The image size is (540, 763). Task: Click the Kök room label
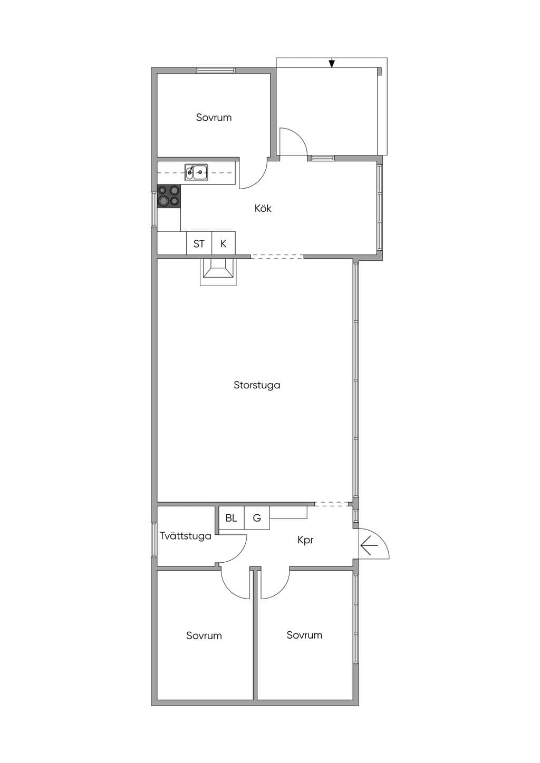(x=263, y=209)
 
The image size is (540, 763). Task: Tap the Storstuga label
(x=257, y=385)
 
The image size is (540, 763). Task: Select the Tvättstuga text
(x=186, y=536)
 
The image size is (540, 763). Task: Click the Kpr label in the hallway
(x=305, y=540)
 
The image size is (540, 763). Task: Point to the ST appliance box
(x=199, y=243)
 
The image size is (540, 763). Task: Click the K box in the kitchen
(x=224, y=243)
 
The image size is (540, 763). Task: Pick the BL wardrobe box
(x=231, y=518)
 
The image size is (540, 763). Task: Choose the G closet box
(x=257, y=518)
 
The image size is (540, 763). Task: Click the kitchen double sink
(x=197, y=172)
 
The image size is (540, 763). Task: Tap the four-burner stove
(x=169, y=196)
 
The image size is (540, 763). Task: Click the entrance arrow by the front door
(x=369, y=545)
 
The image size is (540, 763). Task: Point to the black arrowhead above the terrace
(x=332, y=64)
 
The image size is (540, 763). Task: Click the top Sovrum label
(x=214, y=118)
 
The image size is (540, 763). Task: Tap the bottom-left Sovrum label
(x=204, y=635)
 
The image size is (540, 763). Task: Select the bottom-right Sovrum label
(x=304, y=635)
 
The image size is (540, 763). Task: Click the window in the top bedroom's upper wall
(x=216, y=71)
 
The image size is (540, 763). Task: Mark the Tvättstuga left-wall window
(x=154, y=540)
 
